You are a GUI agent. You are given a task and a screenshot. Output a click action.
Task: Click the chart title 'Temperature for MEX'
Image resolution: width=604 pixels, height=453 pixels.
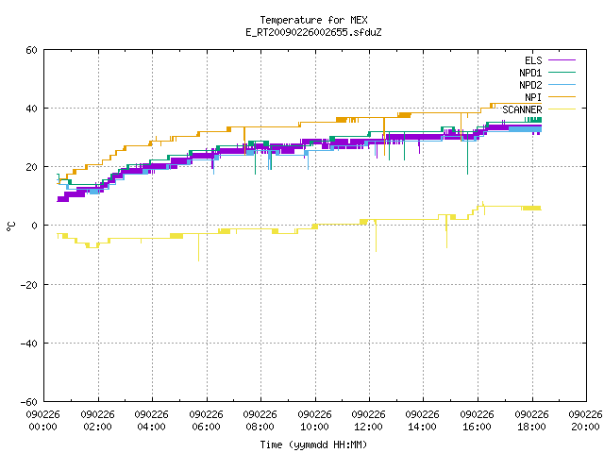coord(313,20)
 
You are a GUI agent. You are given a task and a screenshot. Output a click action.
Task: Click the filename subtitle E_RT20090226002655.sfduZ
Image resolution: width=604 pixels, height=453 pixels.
coord(313,32)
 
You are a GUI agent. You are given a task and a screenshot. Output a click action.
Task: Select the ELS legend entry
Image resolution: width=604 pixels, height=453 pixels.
coord(549,60)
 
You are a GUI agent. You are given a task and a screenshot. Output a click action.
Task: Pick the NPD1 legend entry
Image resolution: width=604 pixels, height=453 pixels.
coord(547,73)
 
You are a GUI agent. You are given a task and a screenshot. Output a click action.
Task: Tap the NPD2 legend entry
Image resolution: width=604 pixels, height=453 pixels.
coord(547,85)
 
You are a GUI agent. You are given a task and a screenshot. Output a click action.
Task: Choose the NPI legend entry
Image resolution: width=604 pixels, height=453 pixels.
coord(549,97)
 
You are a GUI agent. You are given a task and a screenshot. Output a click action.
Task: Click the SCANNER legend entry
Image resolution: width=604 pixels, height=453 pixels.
coord(539,109)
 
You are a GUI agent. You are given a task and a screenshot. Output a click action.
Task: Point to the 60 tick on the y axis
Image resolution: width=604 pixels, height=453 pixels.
coord(31,50)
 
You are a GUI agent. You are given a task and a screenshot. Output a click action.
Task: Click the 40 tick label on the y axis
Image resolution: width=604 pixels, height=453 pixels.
coord(31,109)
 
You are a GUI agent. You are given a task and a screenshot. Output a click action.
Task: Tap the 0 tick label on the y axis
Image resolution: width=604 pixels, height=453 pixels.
coord(34,226)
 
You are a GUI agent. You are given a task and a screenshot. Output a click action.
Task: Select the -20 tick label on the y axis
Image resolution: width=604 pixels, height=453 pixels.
coord(29,285)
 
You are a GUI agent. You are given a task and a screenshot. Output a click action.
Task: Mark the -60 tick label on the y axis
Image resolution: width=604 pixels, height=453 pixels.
coord(29,402)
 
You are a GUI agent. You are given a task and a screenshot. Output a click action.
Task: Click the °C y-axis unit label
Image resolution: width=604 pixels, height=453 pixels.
coord(10,226)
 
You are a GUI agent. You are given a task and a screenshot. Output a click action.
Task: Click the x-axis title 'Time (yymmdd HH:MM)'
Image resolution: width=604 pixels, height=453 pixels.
coord(313,445)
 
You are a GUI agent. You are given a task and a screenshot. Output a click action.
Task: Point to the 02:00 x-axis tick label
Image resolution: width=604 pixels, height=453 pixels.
coord(97,421)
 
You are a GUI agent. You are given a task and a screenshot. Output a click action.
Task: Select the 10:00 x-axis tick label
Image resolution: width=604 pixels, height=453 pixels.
coord(314,421)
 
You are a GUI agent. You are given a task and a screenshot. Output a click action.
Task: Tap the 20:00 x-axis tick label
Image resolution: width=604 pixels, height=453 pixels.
coord(585,421)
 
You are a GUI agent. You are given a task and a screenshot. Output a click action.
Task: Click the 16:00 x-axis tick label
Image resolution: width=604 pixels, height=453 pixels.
coord(477,421)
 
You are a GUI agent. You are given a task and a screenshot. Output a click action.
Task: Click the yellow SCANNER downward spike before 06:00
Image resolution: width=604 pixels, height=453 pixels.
coord(199,247)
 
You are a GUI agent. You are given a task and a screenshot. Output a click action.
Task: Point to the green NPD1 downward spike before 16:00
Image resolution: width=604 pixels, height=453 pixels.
coord(468,153)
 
